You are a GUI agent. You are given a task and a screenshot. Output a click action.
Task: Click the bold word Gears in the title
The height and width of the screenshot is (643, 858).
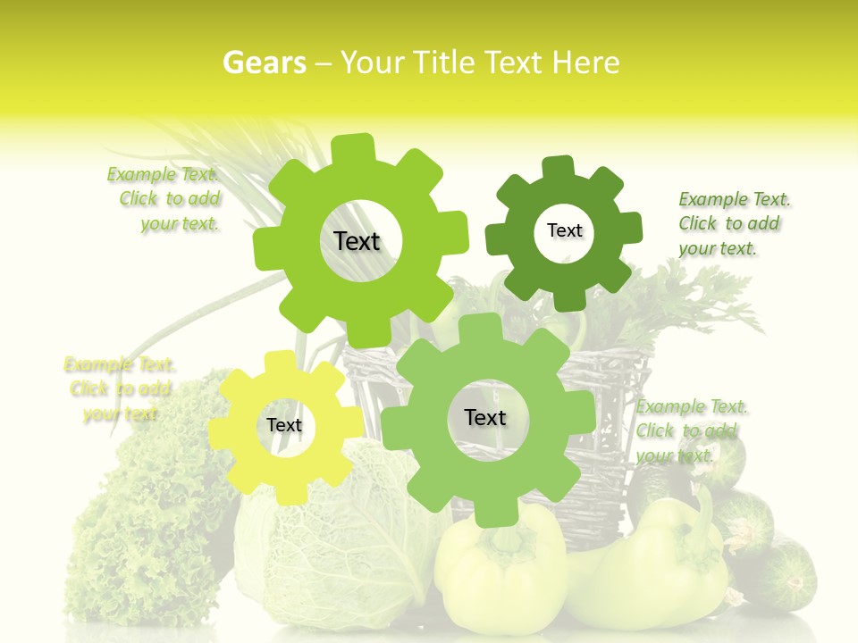pos(264,63)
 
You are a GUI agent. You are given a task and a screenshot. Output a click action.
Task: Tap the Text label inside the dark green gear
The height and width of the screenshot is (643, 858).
pos(564,230)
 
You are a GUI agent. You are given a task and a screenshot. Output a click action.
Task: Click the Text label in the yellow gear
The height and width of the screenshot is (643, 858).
pos(284,425)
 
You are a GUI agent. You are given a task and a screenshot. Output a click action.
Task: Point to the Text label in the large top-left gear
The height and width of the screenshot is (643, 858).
pos(357,241)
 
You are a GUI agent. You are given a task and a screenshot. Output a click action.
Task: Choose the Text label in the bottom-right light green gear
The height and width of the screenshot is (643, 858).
pos(484,417)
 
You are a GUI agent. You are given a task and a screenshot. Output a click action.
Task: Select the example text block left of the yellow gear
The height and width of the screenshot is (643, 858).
pos(120,388)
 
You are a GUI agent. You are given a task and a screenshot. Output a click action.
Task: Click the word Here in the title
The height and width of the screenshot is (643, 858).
pos(585,63)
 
